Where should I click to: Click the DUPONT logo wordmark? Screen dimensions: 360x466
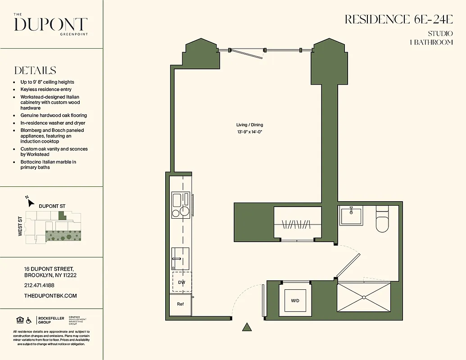51,25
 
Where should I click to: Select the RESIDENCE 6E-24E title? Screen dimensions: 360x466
398,19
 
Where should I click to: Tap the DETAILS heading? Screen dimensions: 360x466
35,71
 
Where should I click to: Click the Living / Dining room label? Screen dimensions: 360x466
249,125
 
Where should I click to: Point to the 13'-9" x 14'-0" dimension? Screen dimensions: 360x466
249,132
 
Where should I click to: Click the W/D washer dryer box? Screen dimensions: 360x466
295,301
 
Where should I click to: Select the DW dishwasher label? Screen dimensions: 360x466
181,283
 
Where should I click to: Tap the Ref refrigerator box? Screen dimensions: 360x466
181,304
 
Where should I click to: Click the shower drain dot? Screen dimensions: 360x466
363,297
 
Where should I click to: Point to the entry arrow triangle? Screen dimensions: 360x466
247,327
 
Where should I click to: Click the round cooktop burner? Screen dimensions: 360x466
185,211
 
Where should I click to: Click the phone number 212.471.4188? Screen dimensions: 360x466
39,285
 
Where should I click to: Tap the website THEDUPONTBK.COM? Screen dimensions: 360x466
50,296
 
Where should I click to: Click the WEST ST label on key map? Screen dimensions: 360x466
21,227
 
